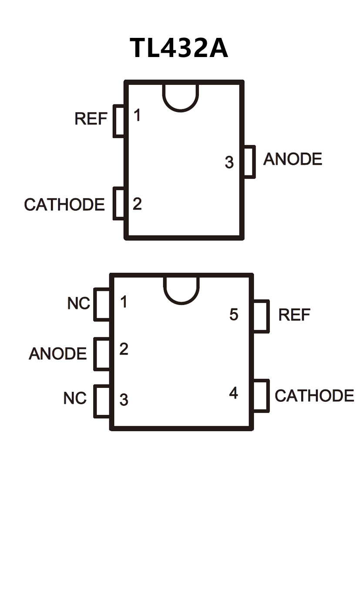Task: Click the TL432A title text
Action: point(179,47)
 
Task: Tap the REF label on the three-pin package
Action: point(91,118)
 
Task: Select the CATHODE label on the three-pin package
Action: point(64,204)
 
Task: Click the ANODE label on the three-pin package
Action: point(293,159)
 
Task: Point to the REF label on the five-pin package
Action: point(294,315)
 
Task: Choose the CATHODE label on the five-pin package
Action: point(314,395)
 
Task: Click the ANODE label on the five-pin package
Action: point(57,354)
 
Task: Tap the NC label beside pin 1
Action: point(78,303)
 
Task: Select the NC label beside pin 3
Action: point(75,398)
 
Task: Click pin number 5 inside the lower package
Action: point(234,314)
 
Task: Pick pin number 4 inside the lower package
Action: point(234,393)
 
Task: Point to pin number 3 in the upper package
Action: point(229,162)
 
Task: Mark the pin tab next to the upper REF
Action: point(119,121)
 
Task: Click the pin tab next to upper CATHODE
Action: point(119,203)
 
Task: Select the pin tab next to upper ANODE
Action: point(249,162)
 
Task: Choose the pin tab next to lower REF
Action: point(261,317)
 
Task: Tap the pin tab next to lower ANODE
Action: point(102,354)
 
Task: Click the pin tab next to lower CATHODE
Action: point(261,396)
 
